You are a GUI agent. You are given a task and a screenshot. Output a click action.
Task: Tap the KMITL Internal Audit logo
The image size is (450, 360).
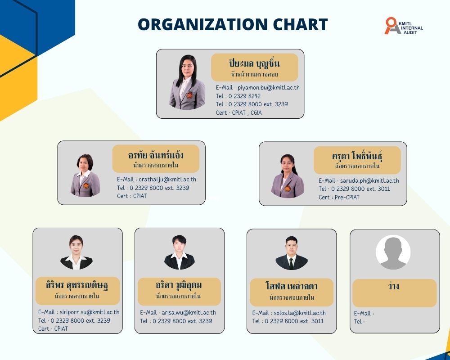point(404,26)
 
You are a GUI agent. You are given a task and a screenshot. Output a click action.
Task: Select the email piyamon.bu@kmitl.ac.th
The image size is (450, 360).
point(268,88)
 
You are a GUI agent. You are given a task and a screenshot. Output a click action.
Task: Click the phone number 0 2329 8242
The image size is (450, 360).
point(244,96)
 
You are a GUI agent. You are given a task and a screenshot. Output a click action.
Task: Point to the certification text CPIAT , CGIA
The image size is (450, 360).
point(247,112)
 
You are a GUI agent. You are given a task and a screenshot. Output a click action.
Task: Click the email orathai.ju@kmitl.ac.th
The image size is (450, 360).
point(167,180)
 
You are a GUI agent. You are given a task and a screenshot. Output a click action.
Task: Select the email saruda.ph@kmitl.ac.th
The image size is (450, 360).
point(369,180)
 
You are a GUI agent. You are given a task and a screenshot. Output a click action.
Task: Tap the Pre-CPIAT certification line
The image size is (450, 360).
point(339,197)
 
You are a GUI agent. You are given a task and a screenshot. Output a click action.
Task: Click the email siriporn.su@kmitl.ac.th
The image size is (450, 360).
point(89,312)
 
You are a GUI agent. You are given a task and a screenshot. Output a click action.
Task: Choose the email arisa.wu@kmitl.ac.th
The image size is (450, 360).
point(189,313)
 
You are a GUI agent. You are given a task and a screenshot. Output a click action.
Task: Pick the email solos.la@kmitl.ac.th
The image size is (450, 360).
point(299,313)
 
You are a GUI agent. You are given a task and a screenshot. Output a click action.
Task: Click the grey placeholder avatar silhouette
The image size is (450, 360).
point(393,252)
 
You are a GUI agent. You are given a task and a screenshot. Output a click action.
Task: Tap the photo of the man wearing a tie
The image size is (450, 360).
point(292,253)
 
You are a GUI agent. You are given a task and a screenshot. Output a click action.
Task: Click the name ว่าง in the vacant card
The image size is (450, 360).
point(393,286)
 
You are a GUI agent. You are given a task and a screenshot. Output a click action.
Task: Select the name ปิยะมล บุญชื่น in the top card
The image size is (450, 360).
point(255,63)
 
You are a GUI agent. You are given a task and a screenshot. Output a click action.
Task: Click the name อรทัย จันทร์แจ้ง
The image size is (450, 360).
point(156,155)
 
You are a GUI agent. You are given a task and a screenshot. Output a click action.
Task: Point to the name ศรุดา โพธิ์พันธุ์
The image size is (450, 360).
point(357,156)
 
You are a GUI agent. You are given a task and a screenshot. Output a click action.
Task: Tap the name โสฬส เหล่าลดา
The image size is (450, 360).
point(292,286)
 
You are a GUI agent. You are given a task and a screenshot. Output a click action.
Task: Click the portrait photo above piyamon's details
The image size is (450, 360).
point(187,82)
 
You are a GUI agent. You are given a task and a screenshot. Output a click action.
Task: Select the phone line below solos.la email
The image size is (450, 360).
point(288,321)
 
